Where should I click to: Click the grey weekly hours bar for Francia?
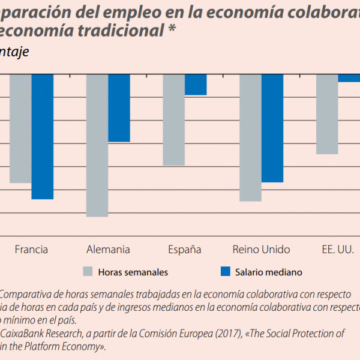[x=20, y=128]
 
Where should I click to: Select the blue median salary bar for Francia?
[x=43, y=136]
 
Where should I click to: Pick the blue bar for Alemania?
[x=119, y=108]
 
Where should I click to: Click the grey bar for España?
[x=174, y=119]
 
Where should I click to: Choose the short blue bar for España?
[x=196, y=85]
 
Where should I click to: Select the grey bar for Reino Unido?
[x=250, y=137]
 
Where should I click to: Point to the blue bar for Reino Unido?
[x=272, y=128]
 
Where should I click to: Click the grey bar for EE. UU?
[x=327, y=114]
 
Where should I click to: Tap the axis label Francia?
[x=31, y=250]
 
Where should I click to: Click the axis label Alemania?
[x=108, y=250]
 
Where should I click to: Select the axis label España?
[x=184, y=250]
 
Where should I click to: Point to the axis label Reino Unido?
[x=261, y=250]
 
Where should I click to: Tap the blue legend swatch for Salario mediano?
[x=226, y=272]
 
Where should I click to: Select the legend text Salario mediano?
[x=268, y=272]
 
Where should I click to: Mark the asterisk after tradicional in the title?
[x=172, y=32]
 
